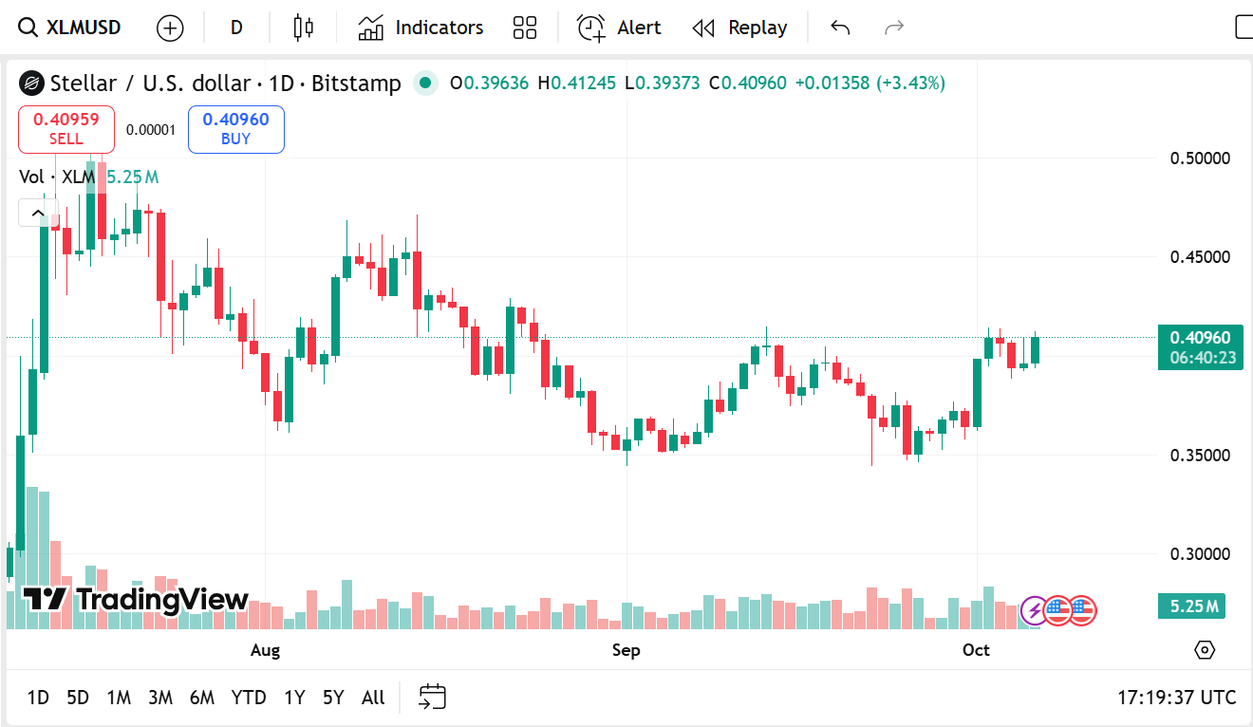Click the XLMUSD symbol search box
[x=72, y=28]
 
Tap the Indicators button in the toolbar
[x=421, y=28]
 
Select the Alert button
[x=619, y=28]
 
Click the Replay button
[x=739, y=28]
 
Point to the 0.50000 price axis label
[x=1200, y=158]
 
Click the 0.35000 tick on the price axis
[x=1200, y=455]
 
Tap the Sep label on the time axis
[x=626, y=650]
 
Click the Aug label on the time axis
[x=265, y=650]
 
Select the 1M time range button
[x=119, y=698]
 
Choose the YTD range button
[x=249, y=698]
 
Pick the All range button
[x=373, y=698]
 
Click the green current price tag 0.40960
[x=1200, y=338]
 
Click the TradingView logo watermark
[x=136, y=600]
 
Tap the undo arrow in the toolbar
[x=839, y=28]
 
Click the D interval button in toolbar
[x=236, y=28]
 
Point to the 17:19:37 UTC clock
[x=1176, y=698]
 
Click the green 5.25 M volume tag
[x=1190, y=606]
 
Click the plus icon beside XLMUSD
[x=170, y=28]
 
